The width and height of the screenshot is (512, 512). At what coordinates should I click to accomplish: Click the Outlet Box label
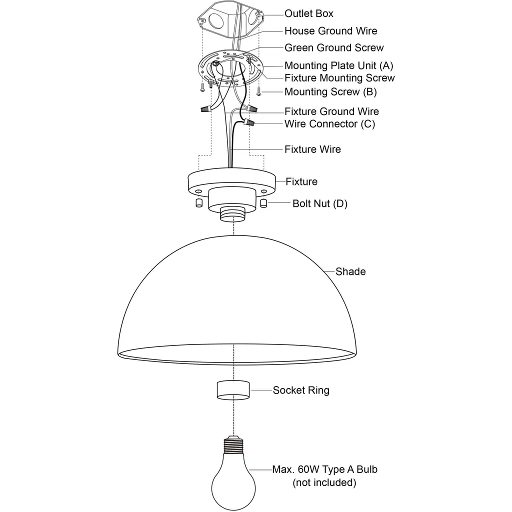point(308,13)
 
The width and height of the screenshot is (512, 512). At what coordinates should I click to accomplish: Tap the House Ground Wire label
point(331,31)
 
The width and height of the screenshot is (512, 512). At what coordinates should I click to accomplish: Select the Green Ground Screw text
point(334,48)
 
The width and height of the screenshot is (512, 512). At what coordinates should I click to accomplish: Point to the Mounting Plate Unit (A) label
point(338,65)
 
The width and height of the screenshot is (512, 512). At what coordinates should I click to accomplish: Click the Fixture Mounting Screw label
point(339,78)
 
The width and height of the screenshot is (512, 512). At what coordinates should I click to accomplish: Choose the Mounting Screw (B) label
point(330,92)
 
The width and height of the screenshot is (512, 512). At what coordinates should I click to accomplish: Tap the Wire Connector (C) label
point(329,124)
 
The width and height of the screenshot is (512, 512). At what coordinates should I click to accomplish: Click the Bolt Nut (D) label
point(319,204)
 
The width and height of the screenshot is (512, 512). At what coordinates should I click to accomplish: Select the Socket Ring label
point(300,390)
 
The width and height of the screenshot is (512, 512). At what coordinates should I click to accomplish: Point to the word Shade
point(350,271)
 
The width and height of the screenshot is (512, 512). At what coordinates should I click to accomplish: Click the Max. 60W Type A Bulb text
point(324,469)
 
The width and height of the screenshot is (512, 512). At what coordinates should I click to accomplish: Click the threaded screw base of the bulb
point(233,444)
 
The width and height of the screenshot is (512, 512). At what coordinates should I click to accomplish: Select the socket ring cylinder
point(233,390)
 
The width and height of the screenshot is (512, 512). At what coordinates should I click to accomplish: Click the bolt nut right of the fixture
point(263,203)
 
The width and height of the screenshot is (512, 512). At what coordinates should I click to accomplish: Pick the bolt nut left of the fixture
point(199,203)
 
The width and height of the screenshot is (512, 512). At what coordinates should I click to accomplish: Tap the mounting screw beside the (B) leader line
point(258,91)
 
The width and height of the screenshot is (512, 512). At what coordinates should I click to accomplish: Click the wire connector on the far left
point(205,109)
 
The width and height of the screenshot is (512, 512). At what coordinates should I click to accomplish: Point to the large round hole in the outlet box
point(216,19)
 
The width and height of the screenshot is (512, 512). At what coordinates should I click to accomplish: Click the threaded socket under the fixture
point(232,214)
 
